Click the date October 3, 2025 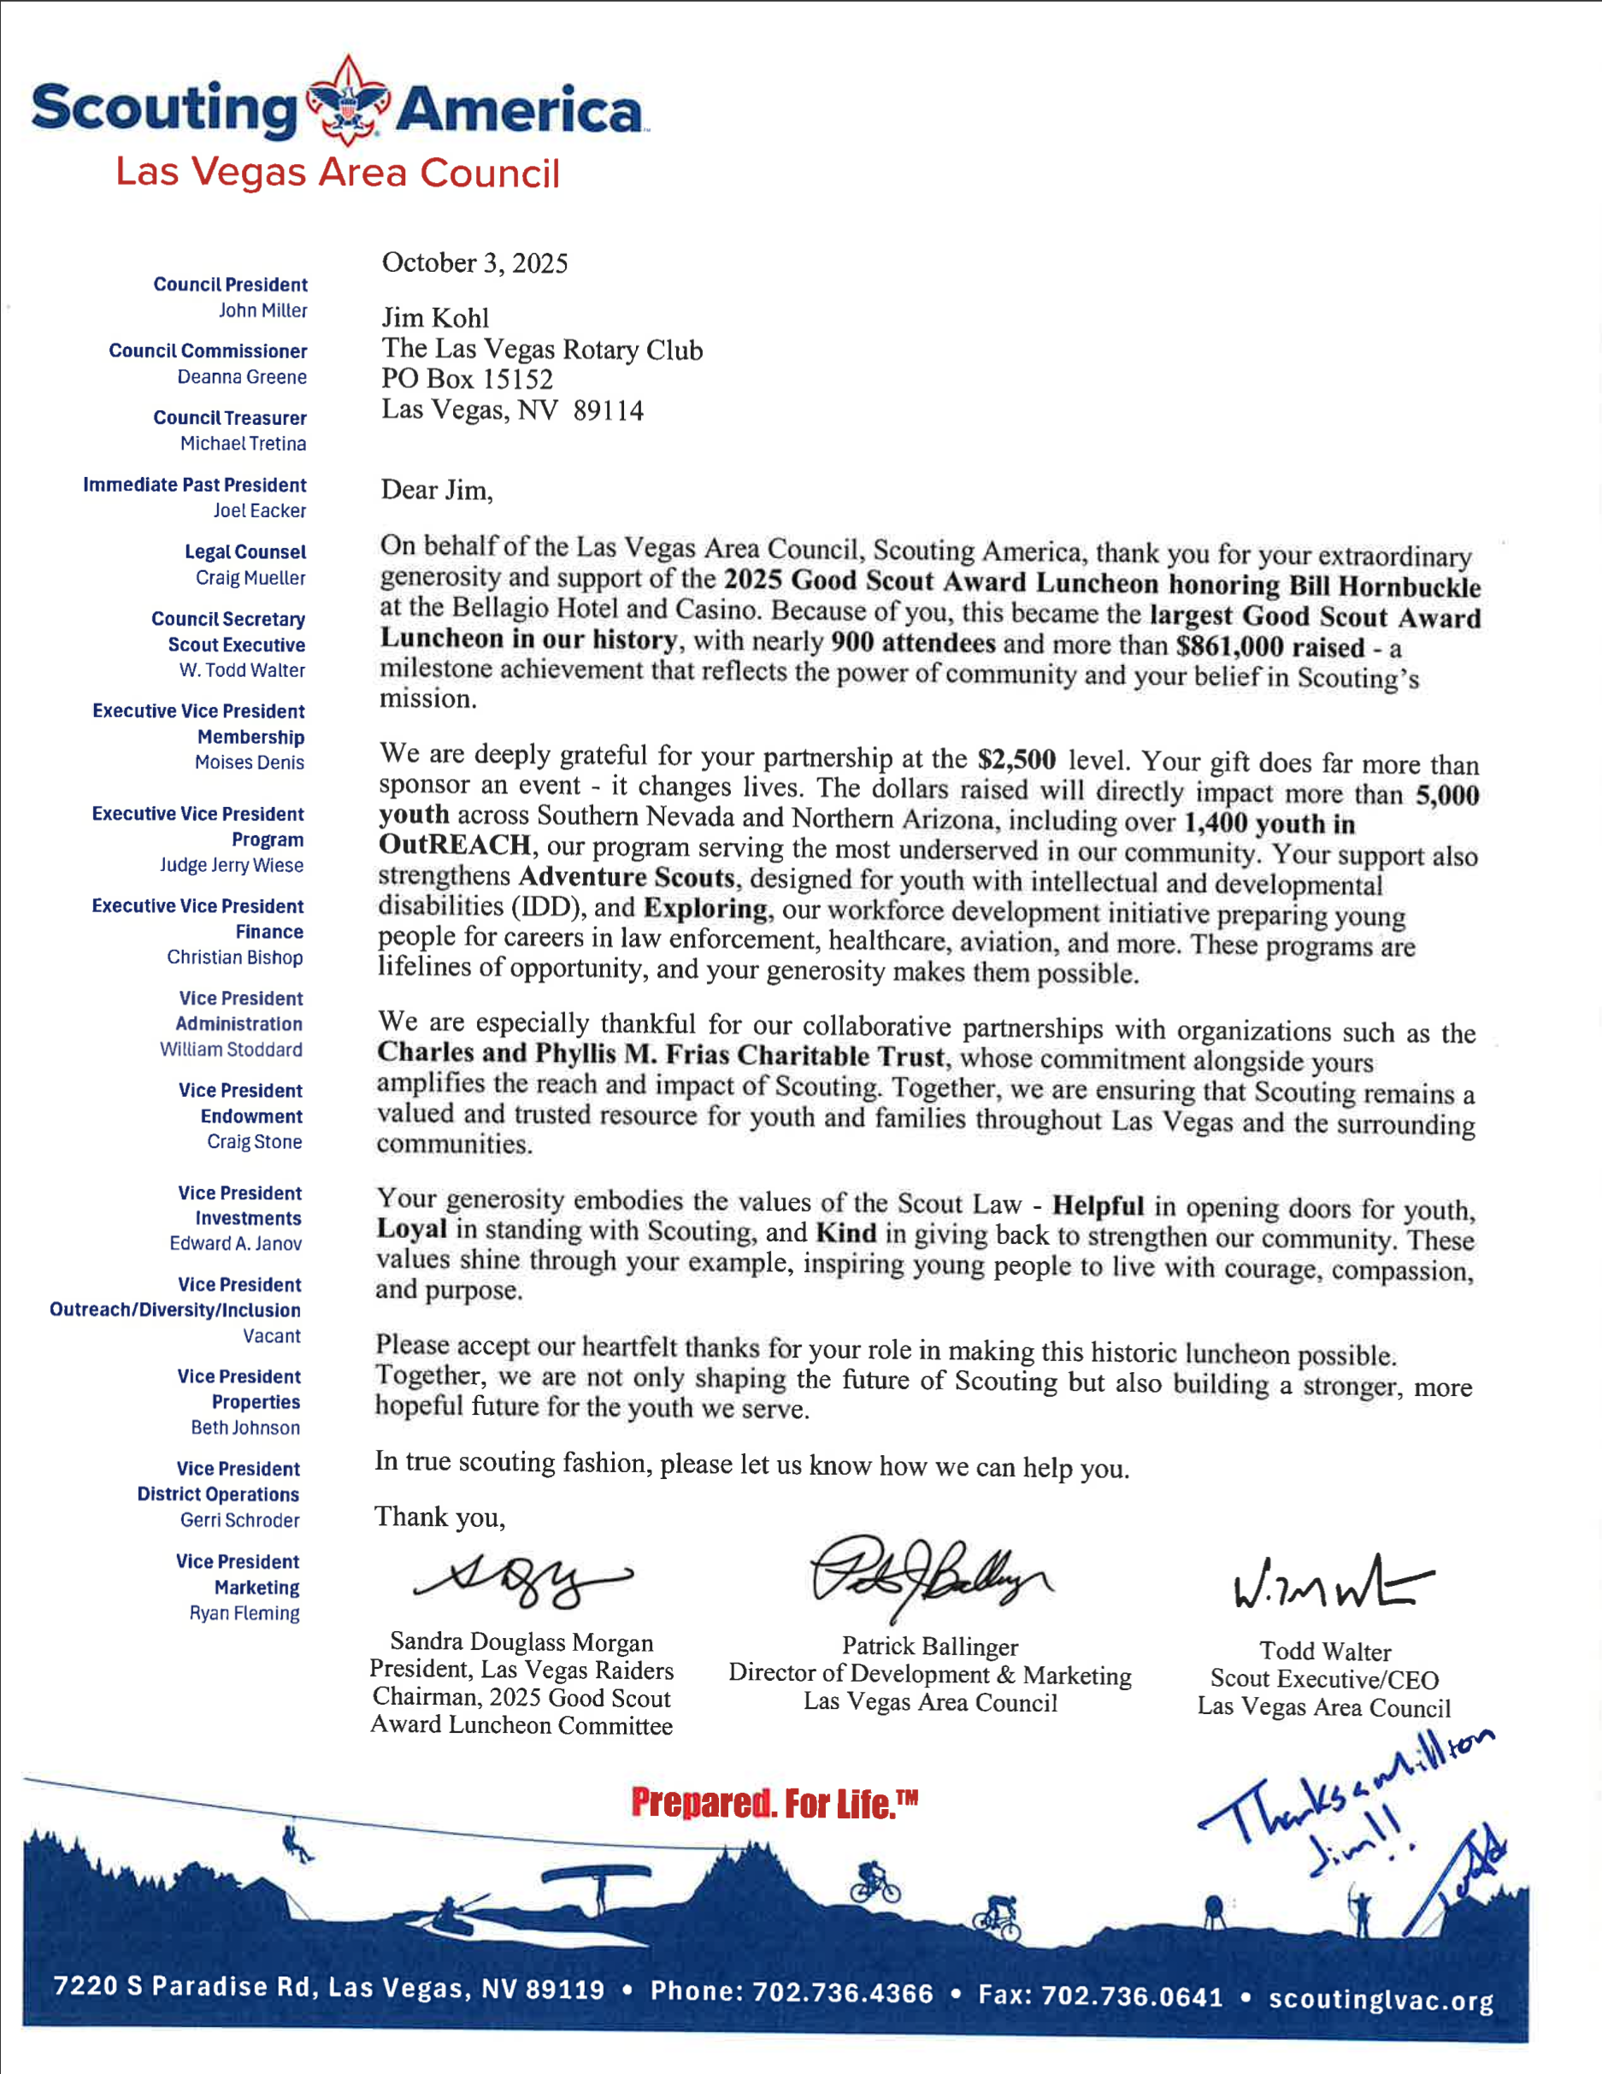[474, 263]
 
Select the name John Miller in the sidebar [263, 310]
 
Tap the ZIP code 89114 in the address [608, 410]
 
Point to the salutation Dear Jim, [437, 490]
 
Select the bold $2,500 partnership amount [1016, 759]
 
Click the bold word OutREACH [454, 845]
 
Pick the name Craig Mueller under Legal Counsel [250, 577]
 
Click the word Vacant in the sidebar [272, 1336]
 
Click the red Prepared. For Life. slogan [774, 1802]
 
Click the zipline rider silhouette [297, 1845]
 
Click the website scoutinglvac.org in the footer [1381, 1999]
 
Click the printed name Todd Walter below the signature [1325, 1651]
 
